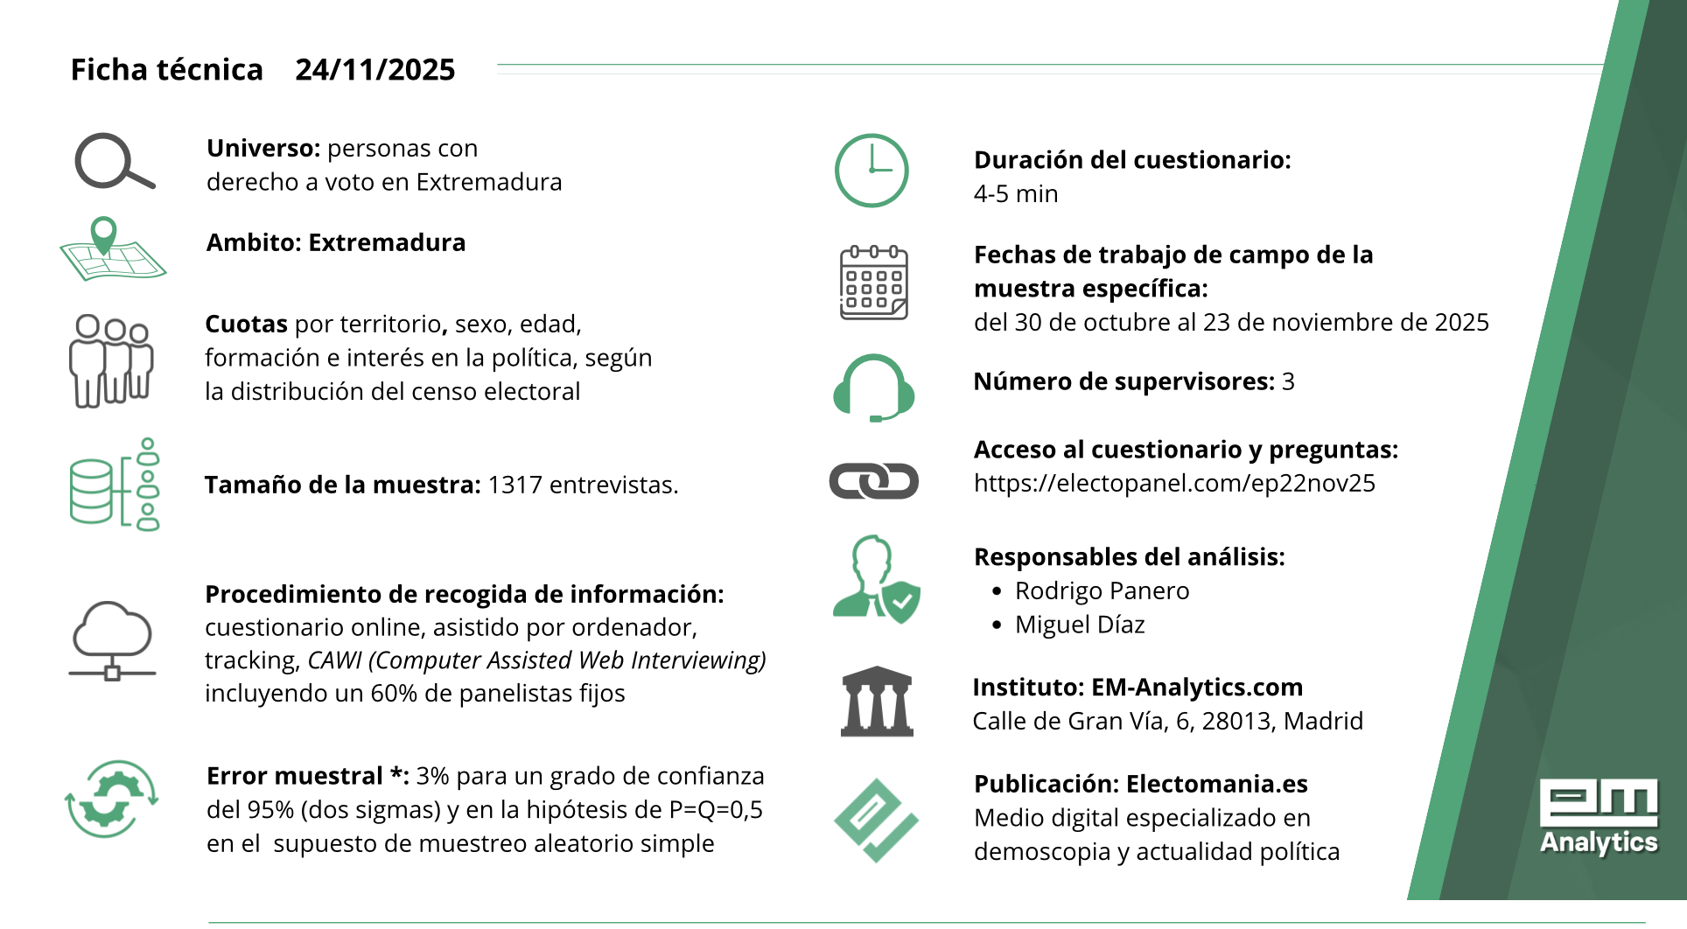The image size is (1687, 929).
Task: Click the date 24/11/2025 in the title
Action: pos(374,70)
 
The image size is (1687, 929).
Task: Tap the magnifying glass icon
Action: pos(114,162)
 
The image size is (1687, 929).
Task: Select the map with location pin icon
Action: pos(112,250)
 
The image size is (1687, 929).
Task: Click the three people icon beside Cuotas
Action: pos(111,360)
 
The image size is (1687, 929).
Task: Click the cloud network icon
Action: pos(112,639)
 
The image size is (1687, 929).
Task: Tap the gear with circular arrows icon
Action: pos(111,798)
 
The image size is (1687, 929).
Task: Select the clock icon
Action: pos(871,171)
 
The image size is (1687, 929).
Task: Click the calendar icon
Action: pos(873,283)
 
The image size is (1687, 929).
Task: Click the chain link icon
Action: pos(873,481)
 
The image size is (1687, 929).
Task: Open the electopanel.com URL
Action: pos(1174,483)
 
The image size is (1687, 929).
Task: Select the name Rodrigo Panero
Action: pos(1102,591)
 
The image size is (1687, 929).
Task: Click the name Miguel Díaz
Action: pos(1080,625)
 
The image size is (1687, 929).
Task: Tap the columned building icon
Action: pos(877,702)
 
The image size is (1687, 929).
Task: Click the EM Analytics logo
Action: pos(1599,816)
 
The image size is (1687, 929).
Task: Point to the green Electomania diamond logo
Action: pos(876,821)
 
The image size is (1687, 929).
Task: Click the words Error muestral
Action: pos(295,776)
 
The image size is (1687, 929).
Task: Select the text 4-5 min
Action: pos(1016,194)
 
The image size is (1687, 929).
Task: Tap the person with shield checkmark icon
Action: pos(876,578)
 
